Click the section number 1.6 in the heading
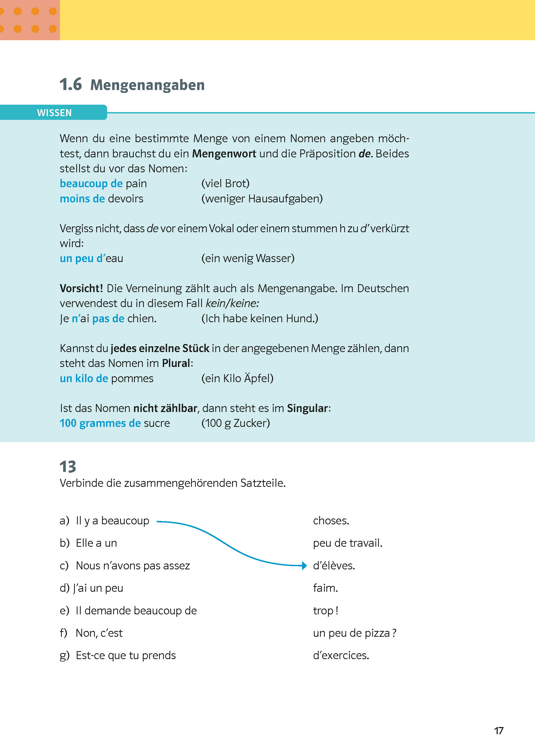click(x=71, y=85)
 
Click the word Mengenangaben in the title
click(x=147, y=85)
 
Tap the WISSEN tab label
click(x=54, y=113)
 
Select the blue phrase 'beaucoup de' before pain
click(x=91, y=183)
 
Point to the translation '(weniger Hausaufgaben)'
click(x=262, y=199)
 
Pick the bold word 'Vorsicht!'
click(x=81, y=288)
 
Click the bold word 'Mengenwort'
click(x=224, y=154)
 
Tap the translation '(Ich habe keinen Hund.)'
click(x=260, y=319)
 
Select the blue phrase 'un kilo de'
click(x=84, y=378)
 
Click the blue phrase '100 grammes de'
click(x=100, y=423)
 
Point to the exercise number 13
click(x=68, y=467)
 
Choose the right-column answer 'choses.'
click(x=331, y=521)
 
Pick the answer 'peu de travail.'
click(x=347, y=543)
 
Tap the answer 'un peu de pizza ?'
click(x=354, y=633)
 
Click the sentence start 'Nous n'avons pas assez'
click(x=133, y=566)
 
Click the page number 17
click(x=498, y=731)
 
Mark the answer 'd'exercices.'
click(x=341, y=655)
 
